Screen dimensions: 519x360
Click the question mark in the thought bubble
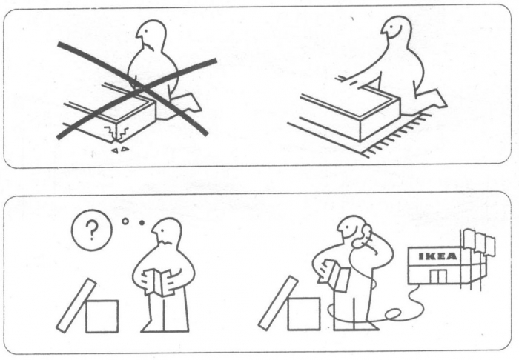[92, 230]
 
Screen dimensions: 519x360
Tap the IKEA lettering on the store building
[437, 256]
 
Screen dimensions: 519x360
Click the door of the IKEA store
[439, 276]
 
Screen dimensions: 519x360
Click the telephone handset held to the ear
[363, 236]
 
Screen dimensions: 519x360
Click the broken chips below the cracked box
[120, 150]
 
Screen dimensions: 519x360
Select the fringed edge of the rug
[397, 136]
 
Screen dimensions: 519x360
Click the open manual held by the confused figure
[158, 282]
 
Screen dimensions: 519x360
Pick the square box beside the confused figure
[102, 316]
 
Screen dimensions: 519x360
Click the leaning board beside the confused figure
[76, 305]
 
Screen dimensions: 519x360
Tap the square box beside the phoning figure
[304, 314]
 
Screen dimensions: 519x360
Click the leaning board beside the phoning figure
[278, 303]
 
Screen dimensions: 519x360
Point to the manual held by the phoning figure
[335, 275]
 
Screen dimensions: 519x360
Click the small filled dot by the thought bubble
[142, 223]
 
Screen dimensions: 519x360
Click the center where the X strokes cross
[141, 87]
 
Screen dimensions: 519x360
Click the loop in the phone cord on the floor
[394, 313]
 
